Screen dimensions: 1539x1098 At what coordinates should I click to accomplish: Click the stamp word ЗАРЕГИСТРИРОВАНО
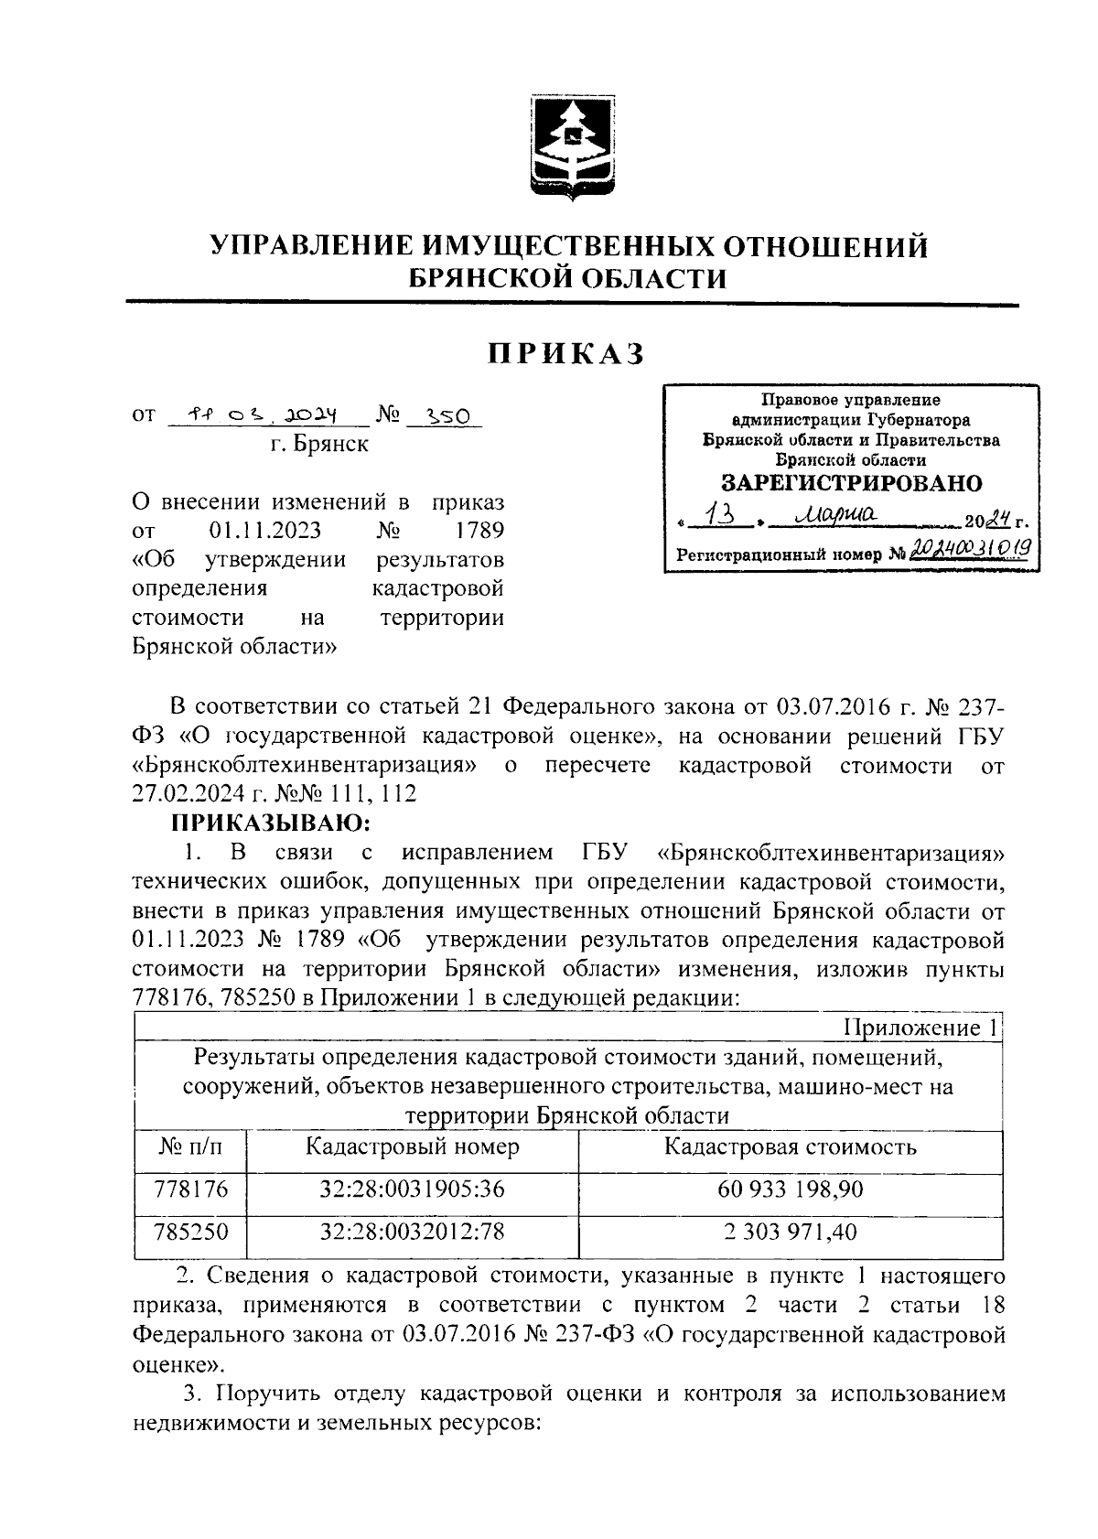[851, 483]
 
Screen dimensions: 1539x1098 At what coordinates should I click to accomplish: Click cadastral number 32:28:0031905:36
[413, 1189]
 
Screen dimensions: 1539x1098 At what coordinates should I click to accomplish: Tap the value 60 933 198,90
[791, 1189]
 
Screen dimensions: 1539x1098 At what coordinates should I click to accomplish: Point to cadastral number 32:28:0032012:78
[413, 1232]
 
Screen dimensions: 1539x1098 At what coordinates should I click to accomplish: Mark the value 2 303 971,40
[791, 1232]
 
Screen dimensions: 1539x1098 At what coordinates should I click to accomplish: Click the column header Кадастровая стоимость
[791, 1147]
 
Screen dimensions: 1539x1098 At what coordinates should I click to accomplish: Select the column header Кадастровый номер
[413, 1147]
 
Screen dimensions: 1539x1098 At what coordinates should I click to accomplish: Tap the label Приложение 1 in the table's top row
[920, 1028]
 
